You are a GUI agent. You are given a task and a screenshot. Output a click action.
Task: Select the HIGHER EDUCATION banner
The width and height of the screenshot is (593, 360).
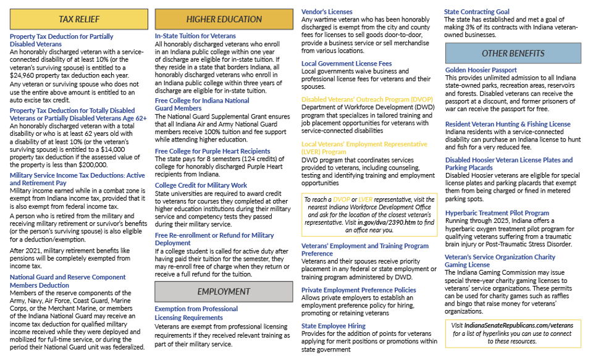pyautogui.click(x=224, y=19)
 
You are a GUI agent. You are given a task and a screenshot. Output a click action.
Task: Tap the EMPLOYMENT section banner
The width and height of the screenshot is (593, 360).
pyautogui.click(x=224, y=291)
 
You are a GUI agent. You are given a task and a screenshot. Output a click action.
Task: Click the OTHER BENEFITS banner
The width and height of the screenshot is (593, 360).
pyautogui.click(x=513, y=53)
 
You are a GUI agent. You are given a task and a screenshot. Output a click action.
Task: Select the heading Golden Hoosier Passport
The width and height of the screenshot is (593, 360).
pyautogui.click(x=481, y=70)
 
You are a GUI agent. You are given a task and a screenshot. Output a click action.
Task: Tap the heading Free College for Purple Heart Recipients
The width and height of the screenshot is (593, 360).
pyautogui.click(x=212, y=151)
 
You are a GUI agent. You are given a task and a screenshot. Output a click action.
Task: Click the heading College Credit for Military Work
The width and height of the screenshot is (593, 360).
pyautogui.click(x=201, y=185)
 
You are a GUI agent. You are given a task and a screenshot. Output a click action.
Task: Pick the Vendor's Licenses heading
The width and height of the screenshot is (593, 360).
pyautogui.click(x=328, y=12)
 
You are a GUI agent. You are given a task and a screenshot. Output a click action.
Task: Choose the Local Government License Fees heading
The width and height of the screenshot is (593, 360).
pyautogui.click(x=346, y=64)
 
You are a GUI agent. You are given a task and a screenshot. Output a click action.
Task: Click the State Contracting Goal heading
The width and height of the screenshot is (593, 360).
pyautogui.click(x=477, y=12)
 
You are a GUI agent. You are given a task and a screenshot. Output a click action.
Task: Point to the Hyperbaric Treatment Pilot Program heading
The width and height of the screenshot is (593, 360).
pyautogui.click(x=497, y=213)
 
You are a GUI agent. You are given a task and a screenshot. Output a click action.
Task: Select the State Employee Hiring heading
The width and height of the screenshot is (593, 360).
pyautogui.click(x=334, y=325)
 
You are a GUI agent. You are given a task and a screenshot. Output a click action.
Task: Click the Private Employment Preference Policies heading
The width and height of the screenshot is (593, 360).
pyautogui.click(x=358, y=290)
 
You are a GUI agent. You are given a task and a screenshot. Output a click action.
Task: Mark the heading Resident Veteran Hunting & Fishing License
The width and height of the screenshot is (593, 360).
pyautogui.click(x=508, y=124)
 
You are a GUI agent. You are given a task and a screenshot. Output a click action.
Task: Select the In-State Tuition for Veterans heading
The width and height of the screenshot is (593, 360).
pyautogui.click(x=195, y=36)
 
